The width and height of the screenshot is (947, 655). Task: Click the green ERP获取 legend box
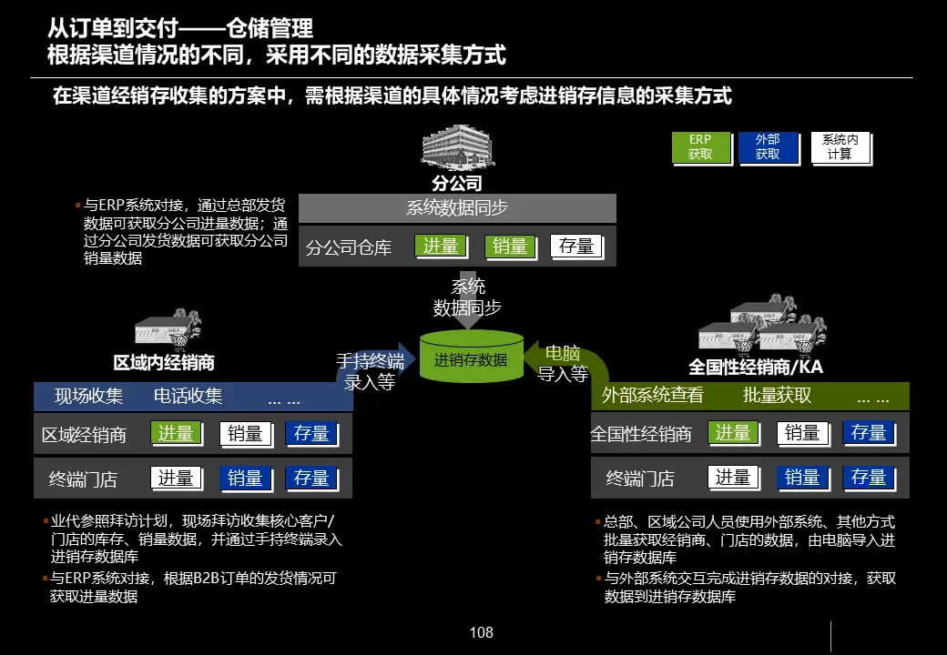click(700, 146)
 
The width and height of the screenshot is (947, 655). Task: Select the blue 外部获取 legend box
click(768, 146)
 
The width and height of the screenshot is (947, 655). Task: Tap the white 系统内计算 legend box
click(840, 146)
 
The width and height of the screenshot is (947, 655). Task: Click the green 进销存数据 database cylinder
click(471, 358)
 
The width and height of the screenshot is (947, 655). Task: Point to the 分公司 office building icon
click(457, 148)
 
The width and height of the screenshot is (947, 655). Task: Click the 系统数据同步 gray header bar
click(457, 208)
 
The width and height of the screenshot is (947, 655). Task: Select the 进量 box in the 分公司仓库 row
click(442, 246)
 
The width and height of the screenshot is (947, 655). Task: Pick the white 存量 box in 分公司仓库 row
click(576, 246)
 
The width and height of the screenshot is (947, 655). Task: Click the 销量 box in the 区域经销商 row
click(245, 434)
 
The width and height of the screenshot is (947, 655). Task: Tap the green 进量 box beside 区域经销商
click(176, 434)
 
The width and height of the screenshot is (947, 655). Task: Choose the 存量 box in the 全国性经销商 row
click(869, 433)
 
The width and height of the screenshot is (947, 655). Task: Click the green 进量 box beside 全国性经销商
click(733, 433)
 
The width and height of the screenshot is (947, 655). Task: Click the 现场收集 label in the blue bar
click(88, 396)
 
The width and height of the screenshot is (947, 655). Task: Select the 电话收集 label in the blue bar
click(188, 396)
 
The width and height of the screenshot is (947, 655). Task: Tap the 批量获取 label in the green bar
click(777, 396)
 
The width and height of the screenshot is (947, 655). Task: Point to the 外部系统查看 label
click(653, 396)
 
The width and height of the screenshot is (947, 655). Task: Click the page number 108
click(481, 632)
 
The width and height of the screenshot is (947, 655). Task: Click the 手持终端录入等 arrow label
click(370, 371)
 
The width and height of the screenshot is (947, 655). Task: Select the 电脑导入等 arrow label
click(563, 364)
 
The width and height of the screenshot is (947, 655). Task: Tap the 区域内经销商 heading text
click(164, 363)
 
